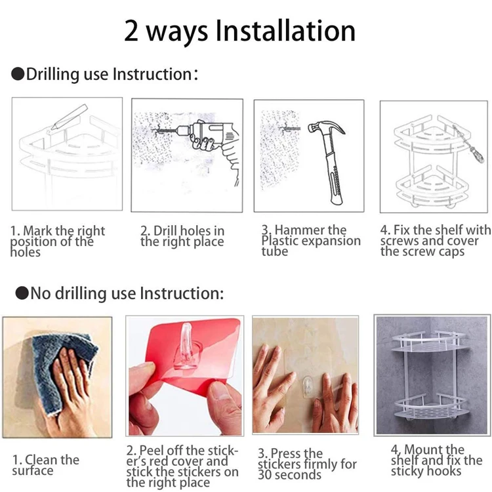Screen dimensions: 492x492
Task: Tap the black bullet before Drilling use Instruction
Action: click(18, 74)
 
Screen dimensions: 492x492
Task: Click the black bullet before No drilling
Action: click(22, 293)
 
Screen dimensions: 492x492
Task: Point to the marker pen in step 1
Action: click(69, 117)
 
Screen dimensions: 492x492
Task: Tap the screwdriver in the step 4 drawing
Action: click(468, 144)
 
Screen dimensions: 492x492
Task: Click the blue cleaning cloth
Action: click(63, 370)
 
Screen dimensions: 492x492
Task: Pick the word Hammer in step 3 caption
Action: click(310, 230)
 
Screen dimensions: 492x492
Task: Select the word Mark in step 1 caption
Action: click(37, 231)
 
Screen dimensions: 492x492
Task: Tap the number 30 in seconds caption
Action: click(265, 475)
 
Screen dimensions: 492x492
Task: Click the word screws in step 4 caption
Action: click(400, 241)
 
